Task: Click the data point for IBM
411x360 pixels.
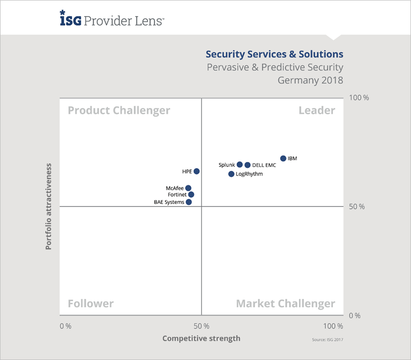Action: [283, 158]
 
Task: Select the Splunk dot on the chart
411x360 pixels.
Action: [240, 164]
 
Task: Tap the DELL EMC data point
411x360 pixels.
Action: [248, 165]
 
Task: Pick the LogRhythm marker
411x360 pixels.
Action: [231, 174]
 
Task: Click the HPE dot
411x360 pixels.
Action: [196, 171]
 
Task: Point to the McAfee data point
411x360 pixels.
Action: [188, 188]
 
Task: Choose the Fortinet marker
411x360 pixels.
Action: [191, 195]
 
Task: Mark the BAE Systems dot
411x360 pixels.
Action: [188, 202]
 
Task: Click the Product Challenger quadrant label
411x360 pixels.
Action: [119, 110]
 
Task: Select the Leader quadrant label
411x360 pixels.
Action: [317, 110]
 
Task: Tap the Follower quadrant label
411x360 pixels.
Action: [91, 303]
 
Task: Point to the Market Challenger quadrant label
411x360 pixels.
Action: [285, 303]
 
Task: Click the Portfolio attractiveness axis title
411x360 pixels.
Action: [49, 206]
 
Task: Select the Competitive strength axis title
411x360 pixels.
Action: [201, 338]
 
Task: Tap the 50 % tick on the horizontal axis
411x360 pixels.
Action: [201, 326]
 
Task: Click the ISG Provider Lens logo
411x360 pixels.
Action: [111, 20]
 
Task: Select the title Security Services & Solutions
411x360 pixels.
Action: [275, 54]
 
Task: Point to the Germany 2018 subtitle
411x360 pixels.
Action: [311, 80]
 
